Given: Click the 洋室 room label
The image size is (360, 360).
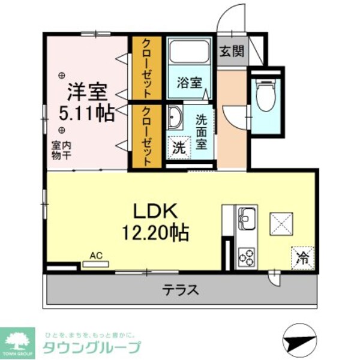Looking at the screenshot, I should pos(87,92).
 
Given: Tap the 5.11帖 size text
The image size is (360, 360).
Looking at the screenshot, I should pos(87,112).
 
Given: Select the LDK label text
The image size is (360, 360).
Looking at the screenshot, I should pos(154,211).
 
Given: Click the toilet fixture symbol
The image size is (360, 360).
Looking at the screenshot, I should pos(264,95).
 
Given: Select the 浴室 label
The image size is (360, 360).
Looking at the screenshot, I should pos(189,83).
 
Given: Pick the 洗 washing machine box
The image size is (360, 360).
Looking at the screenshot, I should pos(179,147).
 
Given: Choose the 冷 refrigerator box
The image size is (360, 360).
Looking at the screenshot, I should pos(302,258).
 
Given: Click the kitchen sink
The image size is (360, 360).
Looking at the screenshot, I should pos(247,216).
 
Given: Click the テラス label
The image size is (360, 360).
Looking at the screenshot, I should pos(180,291).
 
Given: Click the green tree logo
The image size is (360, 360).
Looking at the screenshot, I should pos(19,339).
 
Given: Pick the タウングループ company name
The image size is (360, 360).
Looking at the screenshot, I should pos(92,347).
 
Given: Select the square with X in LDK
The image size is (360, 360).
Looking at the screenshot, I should pos(279,224).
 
